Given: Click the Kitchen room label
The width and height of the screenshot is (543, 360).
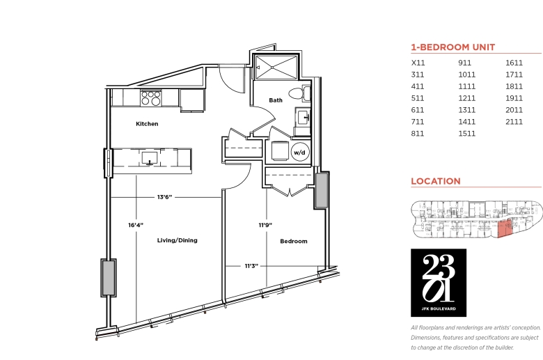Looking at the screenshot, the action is (147, 124).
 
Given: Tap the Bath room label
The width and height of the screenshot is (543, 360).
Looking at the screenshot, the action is (276, 100).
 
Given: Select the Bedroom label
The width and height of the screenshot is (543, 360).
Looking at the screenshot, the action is (294, 241).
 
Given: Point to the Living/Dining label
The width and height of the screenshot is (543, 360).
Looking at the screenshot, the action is (178, 240).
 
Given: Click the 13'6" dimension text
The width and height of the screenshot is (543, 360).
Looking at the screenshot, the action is (164, 197).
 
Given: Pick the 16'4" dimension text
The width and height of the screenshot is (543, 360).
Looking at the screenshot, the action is (136, 225).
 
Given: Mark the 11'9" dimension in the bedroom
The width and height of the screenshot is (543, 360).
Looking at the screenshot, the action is (265, 225).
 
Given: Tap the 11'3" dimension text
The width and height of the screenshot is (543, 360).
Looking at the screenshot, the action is (252, 266).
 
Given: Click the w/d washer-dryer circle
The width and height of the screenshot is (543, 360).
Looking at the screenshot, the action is (299, 152).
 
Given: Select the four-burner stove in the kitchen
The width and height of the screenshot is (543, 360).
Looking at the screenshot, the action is (151, 98).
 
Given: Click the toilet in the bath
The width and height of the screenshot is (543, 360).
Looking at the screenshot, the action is (300, 93).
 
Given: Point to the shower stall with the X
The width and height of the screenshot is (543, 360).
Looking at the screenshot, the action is (276, 67).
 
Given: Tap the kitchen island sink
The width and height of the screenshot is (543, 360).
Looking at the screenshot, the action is (150, 158).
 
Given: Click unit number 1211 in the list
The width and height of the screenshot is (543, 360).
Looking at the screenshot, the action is (467, 98).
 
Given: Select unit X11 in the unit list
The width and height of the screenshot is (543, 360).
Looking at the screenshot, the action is (418, 63).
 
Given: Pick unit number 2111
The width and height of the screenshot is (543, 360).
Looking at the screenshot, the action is (514, 122).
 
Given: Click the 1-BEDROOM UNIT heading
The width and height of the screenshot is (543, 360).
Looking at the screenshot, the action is (453, 47).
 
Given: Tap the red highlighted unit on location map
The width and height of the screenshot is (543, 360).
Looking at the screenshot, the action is (505, 228).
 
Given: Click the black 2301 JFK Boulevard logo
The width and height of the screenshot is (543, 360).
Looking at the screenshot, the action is (439, 283).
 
